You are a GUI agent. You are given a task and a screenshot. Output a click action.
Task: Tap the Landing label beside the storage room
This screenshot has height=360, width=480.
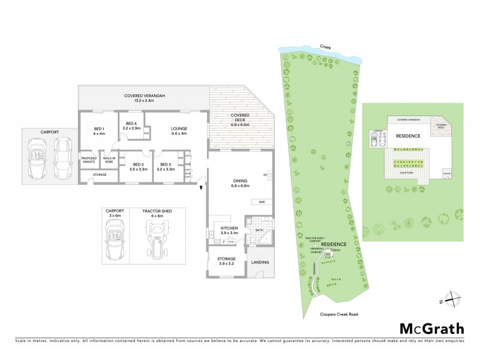click(x=260, y=262)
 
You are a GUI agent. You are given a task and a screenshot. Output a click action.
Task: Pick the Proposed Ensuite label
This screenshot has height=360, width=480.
click(x=89, y=160)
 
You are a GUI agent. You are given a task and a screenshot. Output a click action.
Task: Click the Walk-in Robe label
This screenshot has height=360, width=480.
click(x=109, y=160)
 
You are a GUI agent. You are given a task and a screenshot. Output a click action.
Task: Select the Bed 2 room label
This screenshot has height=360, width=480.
click(x=139, y=167)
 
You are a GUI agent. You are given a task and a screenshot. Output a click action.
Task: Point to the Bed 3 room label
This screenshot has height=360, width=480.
click(x=166, y=167)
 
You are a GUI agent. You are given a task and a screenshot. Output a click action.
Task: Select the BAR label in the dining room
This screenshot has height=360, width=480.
click(x=262, y=202)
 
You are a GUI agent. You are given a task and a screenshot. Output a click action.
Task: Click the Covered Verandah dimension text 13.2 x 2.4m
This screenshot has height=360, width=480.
click(x=139, y=100)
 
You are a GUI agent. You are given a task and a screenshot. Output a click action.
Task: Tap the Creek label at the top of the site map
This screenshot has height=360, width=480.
click(x=326, y=46)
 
